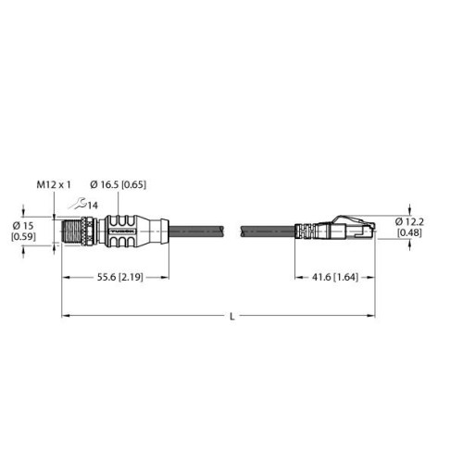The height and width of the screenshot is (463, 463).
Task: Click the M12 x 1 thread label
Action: pos(54,184)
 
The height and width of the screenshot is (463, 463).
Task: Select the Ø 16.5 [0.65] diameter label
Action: pos(118,184)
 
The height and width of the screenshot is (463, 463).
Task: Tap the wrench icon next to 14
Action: pos(77,204)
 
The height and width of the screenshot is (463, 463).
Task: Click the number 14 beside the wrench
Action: pos(93,206)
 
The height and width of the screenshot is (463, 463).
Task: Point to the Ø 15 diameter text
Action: pos(23,226)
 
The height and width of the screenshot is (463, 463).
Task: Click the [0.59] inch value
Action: pos(23,236)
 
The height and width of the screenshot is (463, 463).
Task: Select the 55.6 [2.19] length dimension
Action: pos(120,277)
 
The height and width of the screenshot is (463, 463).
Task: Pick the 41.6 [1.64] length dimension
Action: pos(335,277)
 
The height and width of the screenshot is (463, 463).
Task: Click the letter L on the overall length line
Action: pos(232,317)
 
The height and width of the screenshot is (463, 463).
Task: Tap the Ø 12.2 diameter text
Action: pos(409,221)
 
